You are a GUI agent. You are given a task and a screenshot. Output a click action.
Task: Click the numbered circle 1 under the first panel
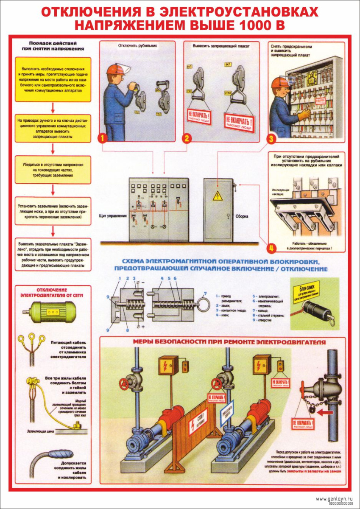(102, 137)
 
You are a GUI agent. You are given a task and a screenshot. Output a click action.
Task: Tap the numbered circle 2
(187, 137)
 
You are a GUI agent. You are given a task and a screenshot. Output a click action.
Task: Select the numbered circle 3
(272, 138)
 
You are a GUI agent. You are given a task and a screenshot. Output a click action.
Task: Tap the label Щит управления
(112, 216)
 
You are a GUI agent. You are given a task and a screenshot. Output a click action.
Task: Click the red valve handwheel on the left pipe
(124, 384)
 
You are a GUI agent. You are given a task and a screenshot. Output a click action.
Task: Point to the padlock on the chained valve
(313, 409)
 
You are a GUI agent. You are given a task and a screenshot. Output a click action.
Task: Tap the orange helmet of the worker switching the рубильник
(113, 69)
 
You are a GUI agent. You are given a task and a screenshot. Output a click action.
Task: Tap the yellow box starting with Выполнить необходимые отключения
(53, 79)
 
